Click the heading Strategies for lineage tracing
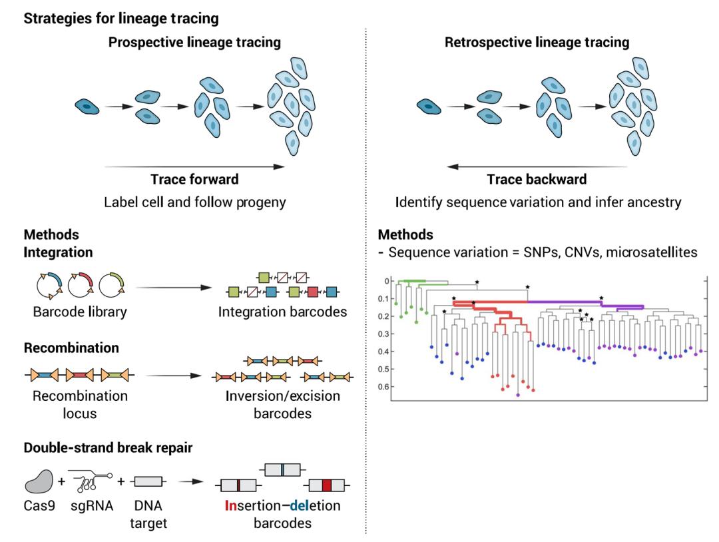[120, 19]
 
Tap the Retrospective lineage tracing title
[537, 43]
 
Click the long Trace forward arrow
[193, 165]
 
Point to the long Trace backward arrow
[537, 166]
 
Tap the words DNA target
[148, 515]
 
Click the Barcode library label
[80, 311]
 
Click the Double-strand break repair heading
[108, 447]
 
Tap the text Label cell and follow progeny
[194, 202]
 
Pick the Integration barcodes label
[282, 311]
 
